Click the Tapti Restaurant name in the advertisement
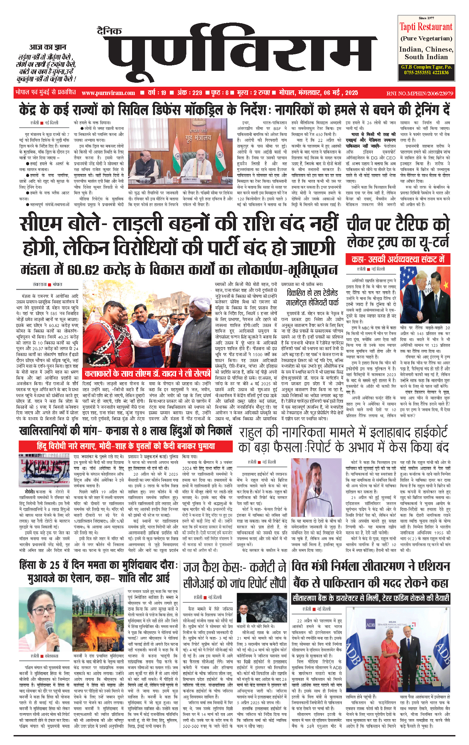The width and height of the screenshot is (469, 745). tap(426, 27)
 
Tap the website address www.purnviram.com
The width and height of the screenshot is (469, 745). tap(108, 93)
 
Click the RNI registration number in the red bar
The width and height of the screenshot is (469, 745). tap(419, 93)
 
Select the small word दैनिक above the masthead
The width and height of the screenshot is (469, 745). tap(109, 31)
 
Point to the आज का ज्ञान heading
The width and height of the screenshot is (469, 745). tap(47, 47)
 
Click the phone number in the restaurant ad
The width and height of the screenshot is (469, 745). tap(426, 72)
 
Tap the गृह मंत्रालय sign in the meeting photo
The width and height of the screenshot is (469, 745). tap(198, 137)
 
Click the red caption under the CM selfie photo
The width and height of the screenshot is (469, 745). tap(148, 373)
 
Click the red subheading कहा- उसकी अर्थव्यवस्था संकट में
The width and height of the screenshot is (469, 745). tap(398, 259)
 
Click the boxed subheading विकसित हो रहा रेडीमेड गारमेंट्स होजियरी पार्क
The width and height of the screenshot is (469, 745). tap(312, 298)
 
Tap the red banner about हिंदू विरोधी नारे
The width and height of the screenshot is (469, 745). tap(126, 446)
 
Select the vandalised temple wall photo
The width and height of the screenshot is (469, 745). tap(44, 470)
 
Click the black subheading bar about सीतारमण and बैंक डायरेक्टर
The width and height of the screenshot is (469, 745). tap(370, 598)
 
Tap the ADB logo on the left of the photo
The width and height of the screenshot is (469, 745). tap(370, 624)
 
